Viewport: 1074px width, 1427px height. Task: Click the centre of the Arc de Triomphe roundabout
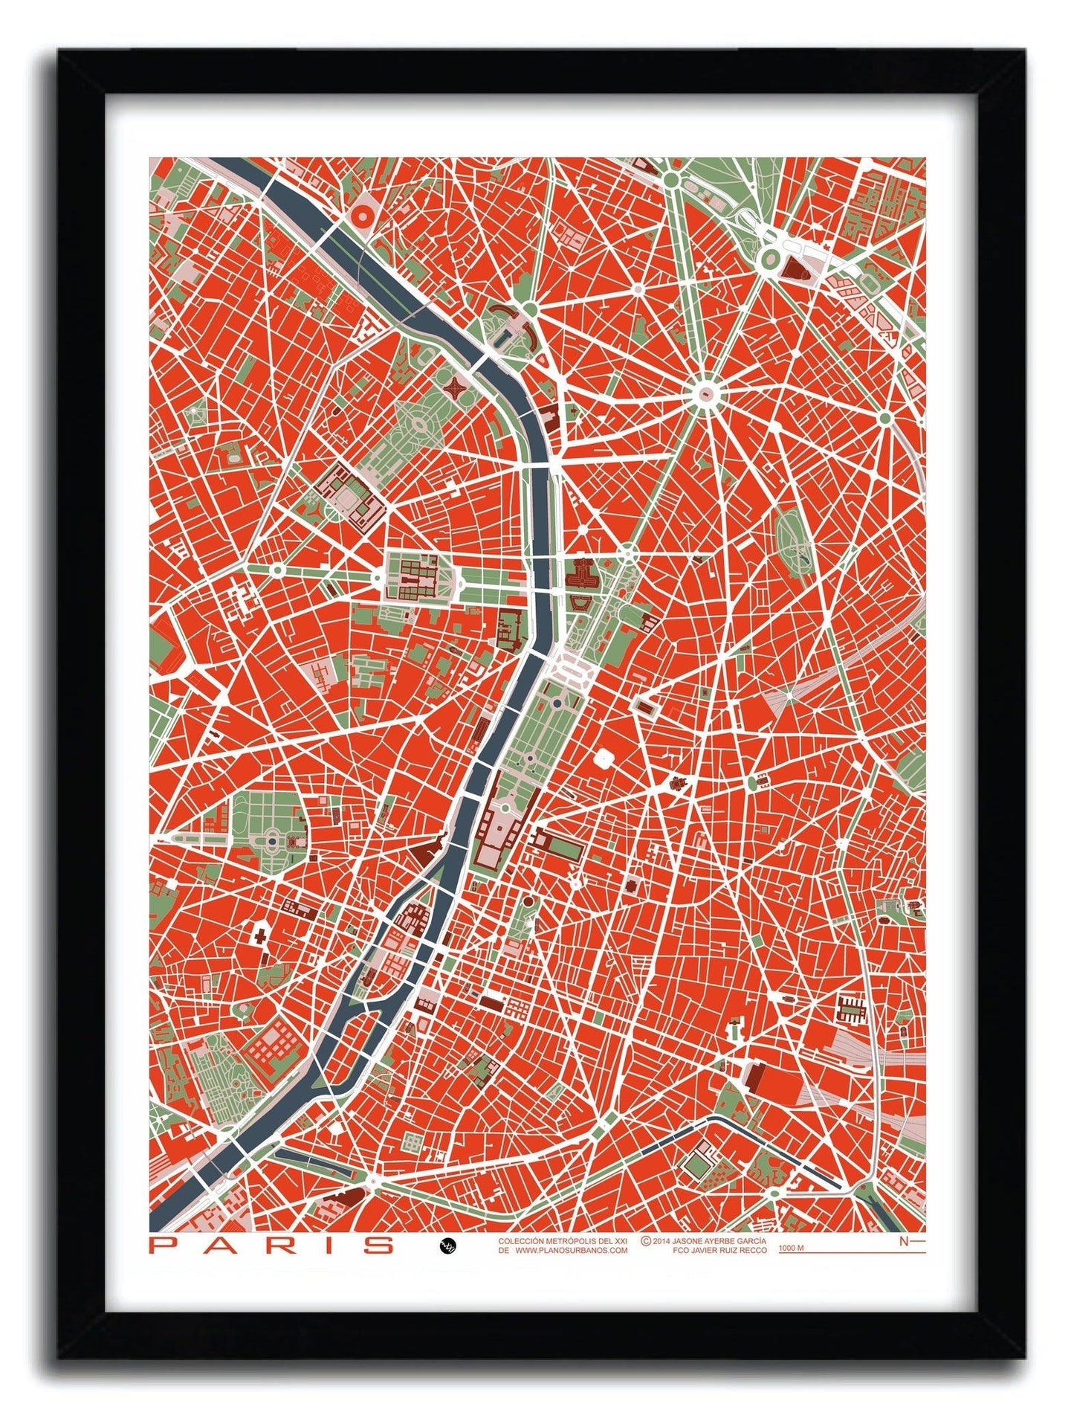[x=705, y=394]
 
